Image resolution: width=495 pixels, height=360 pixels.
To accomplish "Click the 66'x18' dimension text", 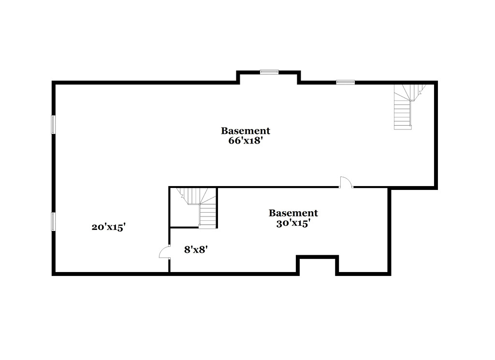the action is [246, 141].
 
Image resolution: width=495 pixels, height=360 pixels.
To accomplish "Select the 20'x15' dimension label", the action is [109, 227].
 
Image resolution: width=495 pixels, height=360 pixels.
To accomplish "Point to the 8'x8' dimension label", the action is [196, 250].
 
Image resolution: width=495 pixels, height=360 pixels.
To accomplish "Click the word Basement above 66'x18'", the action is [246, 130].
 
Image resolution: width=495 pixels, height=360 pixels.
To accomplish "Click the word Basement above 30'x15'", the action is [293, 213].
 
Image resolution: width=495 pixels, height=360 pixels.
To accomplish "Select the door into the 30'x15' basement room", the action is [346, 182].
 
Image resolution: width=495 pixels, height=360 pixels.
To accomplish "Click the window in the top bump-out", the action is [269, 72].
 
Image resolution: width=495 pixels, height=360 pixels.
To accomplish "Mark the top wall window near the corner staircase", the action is [345, 82].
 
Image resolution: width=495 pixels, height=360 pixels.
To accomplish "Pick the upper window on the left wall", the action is [53, 125].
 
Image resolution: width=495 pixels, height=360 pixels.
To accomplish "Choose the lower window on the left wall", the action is [53, 221].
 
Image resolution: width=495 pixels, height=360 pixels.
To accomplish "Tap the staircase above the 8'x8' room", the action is [199, 207].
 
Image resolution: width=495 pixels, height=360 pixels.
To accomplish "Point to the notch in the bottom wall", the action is [317, 265].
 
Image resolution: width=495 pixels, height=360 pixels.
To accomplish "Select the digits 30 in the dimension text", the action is [282, 223].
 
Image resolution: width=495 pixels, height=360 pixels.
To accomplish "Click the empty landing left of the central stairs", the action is [184, 215].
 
